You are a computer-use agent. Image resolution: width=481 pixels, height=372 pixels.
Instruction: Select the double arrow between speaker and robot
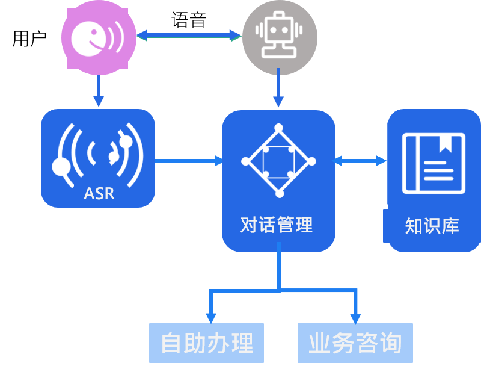tap(188, 36)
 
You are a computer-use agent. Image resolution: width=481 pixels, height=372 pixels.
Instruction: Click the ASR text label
tap(99, 194)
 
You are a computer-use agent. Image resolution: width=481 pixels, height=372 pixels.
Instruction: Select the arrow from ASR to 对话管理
tap(188, 161)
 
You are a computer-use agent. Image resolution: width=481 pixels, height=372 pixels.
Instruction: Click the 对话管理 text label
tap(277, 225)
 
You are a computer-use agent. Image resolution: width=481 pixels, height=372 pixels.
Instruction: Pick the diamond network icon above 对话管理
tap(278, 160)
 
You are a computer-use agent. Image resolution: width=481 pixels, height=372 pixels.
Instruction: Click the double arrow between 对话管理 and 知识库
tap(360, 161)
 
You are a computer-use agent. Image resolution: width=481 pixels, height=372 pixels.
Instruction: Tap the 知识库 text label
tap(432, 226)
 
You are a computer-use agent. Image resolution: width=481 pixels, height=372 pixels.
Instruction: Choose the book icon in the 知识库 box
tap(434, 163)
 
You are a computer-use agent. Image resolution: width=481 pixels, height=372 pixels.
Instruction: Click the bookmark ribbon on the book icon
tap(446, 143)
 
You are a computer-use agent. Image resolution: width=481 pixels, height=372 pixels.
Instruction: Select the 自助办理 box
tap(206, 343)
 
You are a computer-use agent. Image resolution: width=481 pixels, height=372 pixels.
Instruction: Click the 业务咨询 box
tap(355, 343)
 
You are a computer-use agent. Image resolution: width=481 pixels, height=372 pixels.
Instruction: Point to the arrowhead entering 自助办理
tap(210, 317)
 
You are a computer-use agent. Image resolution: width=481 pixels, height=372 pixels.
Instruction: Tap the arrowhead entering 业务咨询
tap(355, 317)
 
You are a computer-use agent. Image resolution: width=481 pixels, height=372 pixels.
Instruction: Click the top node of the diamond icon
tap(278, 128)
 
